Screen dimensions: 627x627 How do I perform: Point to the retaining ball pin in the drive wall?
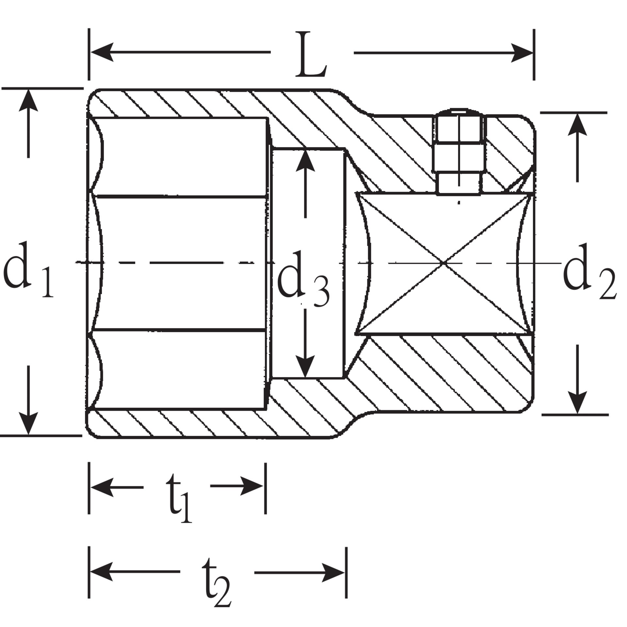coord(459,153)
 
